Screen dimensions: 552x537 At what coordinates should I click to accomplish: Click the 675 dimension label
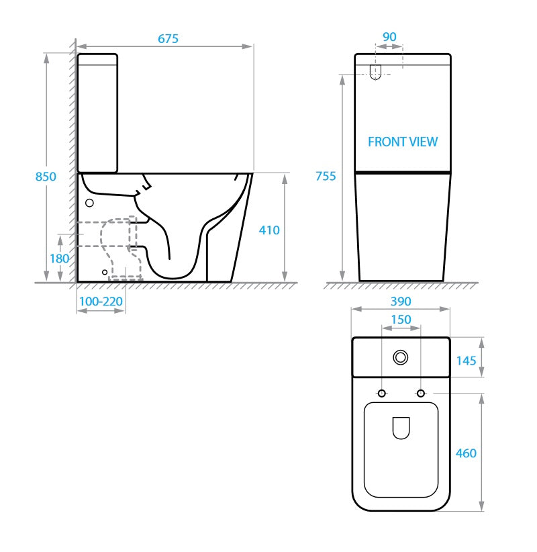[168, 39]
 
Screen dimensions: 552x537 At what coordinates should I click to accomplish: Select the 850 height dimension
[46, 177]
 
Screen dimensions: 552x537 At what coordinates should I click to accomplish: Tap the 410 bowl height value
[269, 230]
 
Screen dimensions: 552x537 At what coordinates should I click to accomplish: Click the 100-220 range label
[101, 302]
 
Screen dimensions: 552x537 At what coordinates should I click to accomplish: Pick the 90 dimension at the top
[389, 36]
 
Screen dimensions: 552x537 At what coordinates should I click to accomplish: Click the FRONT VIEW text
[403, 142]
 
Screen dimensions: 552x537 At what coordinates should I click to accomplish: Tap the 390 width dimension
[400, 302]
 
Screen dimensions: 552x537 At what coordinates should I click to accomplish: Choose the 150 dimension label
[401, 319]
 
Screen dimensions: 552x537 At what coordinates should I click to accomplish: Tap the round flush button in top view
[401, 357]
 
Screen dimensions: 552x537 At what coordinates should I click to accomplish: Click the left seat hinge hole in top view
[381, 393]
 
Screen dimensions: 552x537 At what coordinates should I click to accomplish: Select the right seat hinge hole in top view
[421, 393]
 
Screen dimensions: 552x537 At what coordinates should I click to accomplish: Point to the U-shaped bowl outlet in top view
[401, 428]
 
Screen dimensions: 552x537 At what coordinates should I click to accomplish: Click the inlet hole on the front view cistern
[376, 72]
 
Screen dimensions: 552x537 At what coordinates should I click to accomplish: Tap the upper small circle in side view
[89, 202]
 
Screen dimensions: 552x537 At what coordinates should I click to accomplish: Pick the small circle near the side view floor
[104, 271]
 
